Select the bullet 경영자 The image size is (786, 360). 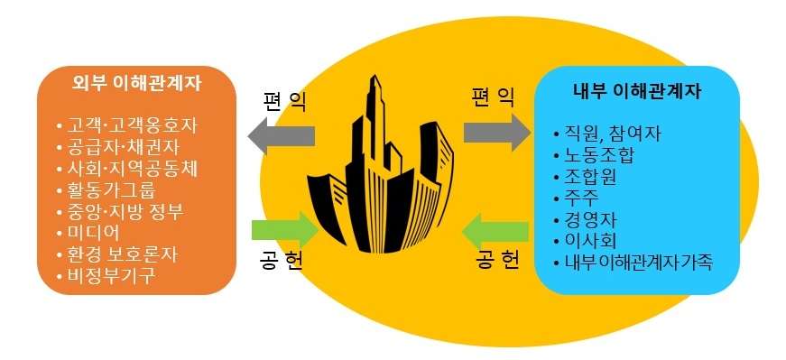point(590,219)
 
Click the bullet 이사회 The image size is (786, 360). point(590,241)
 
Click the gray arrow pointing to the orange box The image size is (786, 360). point(282,136)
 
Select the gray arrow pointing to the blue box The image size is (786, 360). point(495,132)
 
